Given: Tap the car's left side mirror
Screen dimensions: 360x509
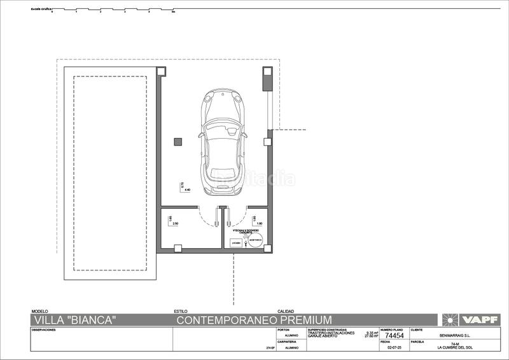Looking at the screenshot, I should pos(200,134).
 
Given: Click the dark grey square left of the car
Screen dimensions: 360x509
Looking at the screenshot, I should pos(179,141).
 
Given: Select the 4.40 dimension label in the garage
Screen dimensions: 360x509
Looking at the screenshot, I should pos(187,190).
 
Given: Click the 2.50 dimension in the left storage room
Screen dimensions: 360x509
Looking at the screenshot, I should pos(176,224).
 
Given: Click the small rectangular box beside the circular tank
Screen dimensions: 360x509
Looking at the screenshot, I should pos(235,242).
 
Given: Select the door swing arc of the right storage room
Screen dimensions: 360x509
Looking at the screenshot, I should pos(237,219).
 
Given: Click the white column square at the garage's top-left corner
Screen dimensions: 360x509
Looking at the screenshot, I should pos(162,71).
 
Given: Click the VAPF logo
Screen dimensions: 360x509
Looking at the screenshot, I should pos(470,320).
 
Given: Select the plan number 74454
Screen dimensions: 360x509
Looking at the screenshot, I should pos(394,336).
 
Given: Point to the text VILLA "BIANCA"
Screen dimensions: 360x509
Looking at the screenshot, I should pos(74,320).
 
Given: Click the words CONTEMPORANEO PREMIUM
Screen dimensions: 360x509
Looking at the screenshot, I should pos(254,320).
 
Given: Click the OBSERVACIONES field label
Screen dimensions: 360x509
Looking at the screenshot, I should pos(43,330).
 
